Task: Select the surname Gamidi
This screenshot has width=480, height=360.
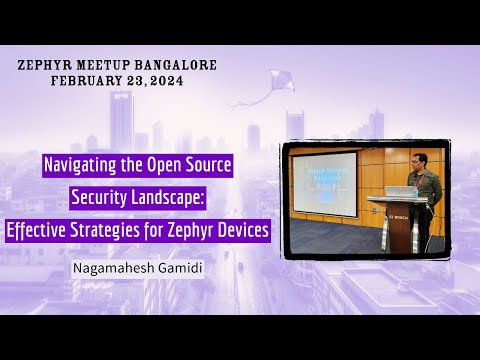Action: click(x=175, y=269)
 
